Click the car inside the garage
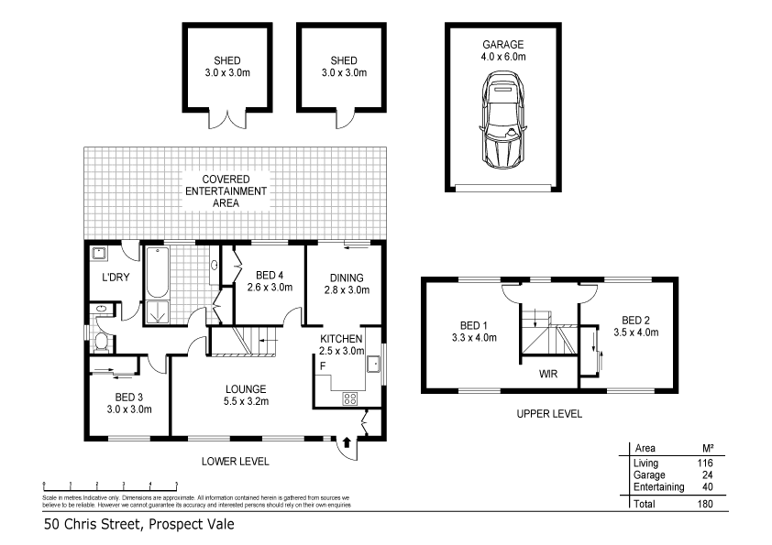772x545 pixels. pos(502,123)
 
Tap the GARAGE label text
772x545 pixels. pos(503,44)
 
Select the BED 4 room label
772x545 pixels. pos(270,275)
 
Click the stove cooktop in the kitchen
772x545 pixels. pos(349,398)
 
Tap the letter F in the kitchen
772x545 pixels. pos(323,365)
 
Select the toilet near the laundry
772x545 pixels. pos(104,343)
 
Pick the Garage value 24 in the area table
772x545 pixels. pos(705,475)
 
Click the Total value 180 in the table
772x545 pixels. pos(703,504)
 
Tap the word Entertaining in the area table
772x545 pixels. pos(658,487)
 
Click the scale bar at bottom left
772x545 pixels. pos(110,483)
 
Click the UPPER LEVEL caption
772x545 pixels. pos(549,414)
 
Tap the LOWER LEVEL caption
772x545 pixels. pos(236,461)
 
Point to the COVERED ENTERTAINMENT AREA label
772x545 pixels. pos(226,191)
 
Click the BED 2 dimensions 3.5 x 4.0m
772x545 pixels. pos(635,332)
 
